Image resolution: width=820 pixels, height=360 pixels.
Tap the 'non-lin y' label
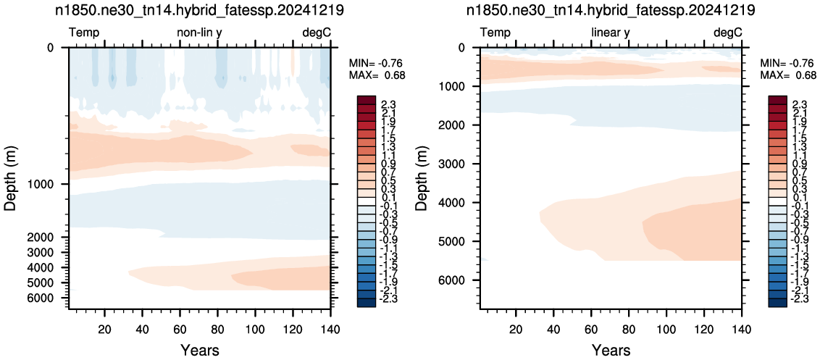coord(200,33)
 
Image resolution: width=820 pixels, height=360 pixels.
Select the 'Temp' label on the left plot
coord(84,33)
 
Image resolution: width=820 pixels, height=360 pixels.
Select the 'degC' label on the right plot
coord(728,33)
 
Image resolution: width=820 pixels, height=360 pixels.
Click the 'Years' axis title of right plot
coord(611,350)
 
